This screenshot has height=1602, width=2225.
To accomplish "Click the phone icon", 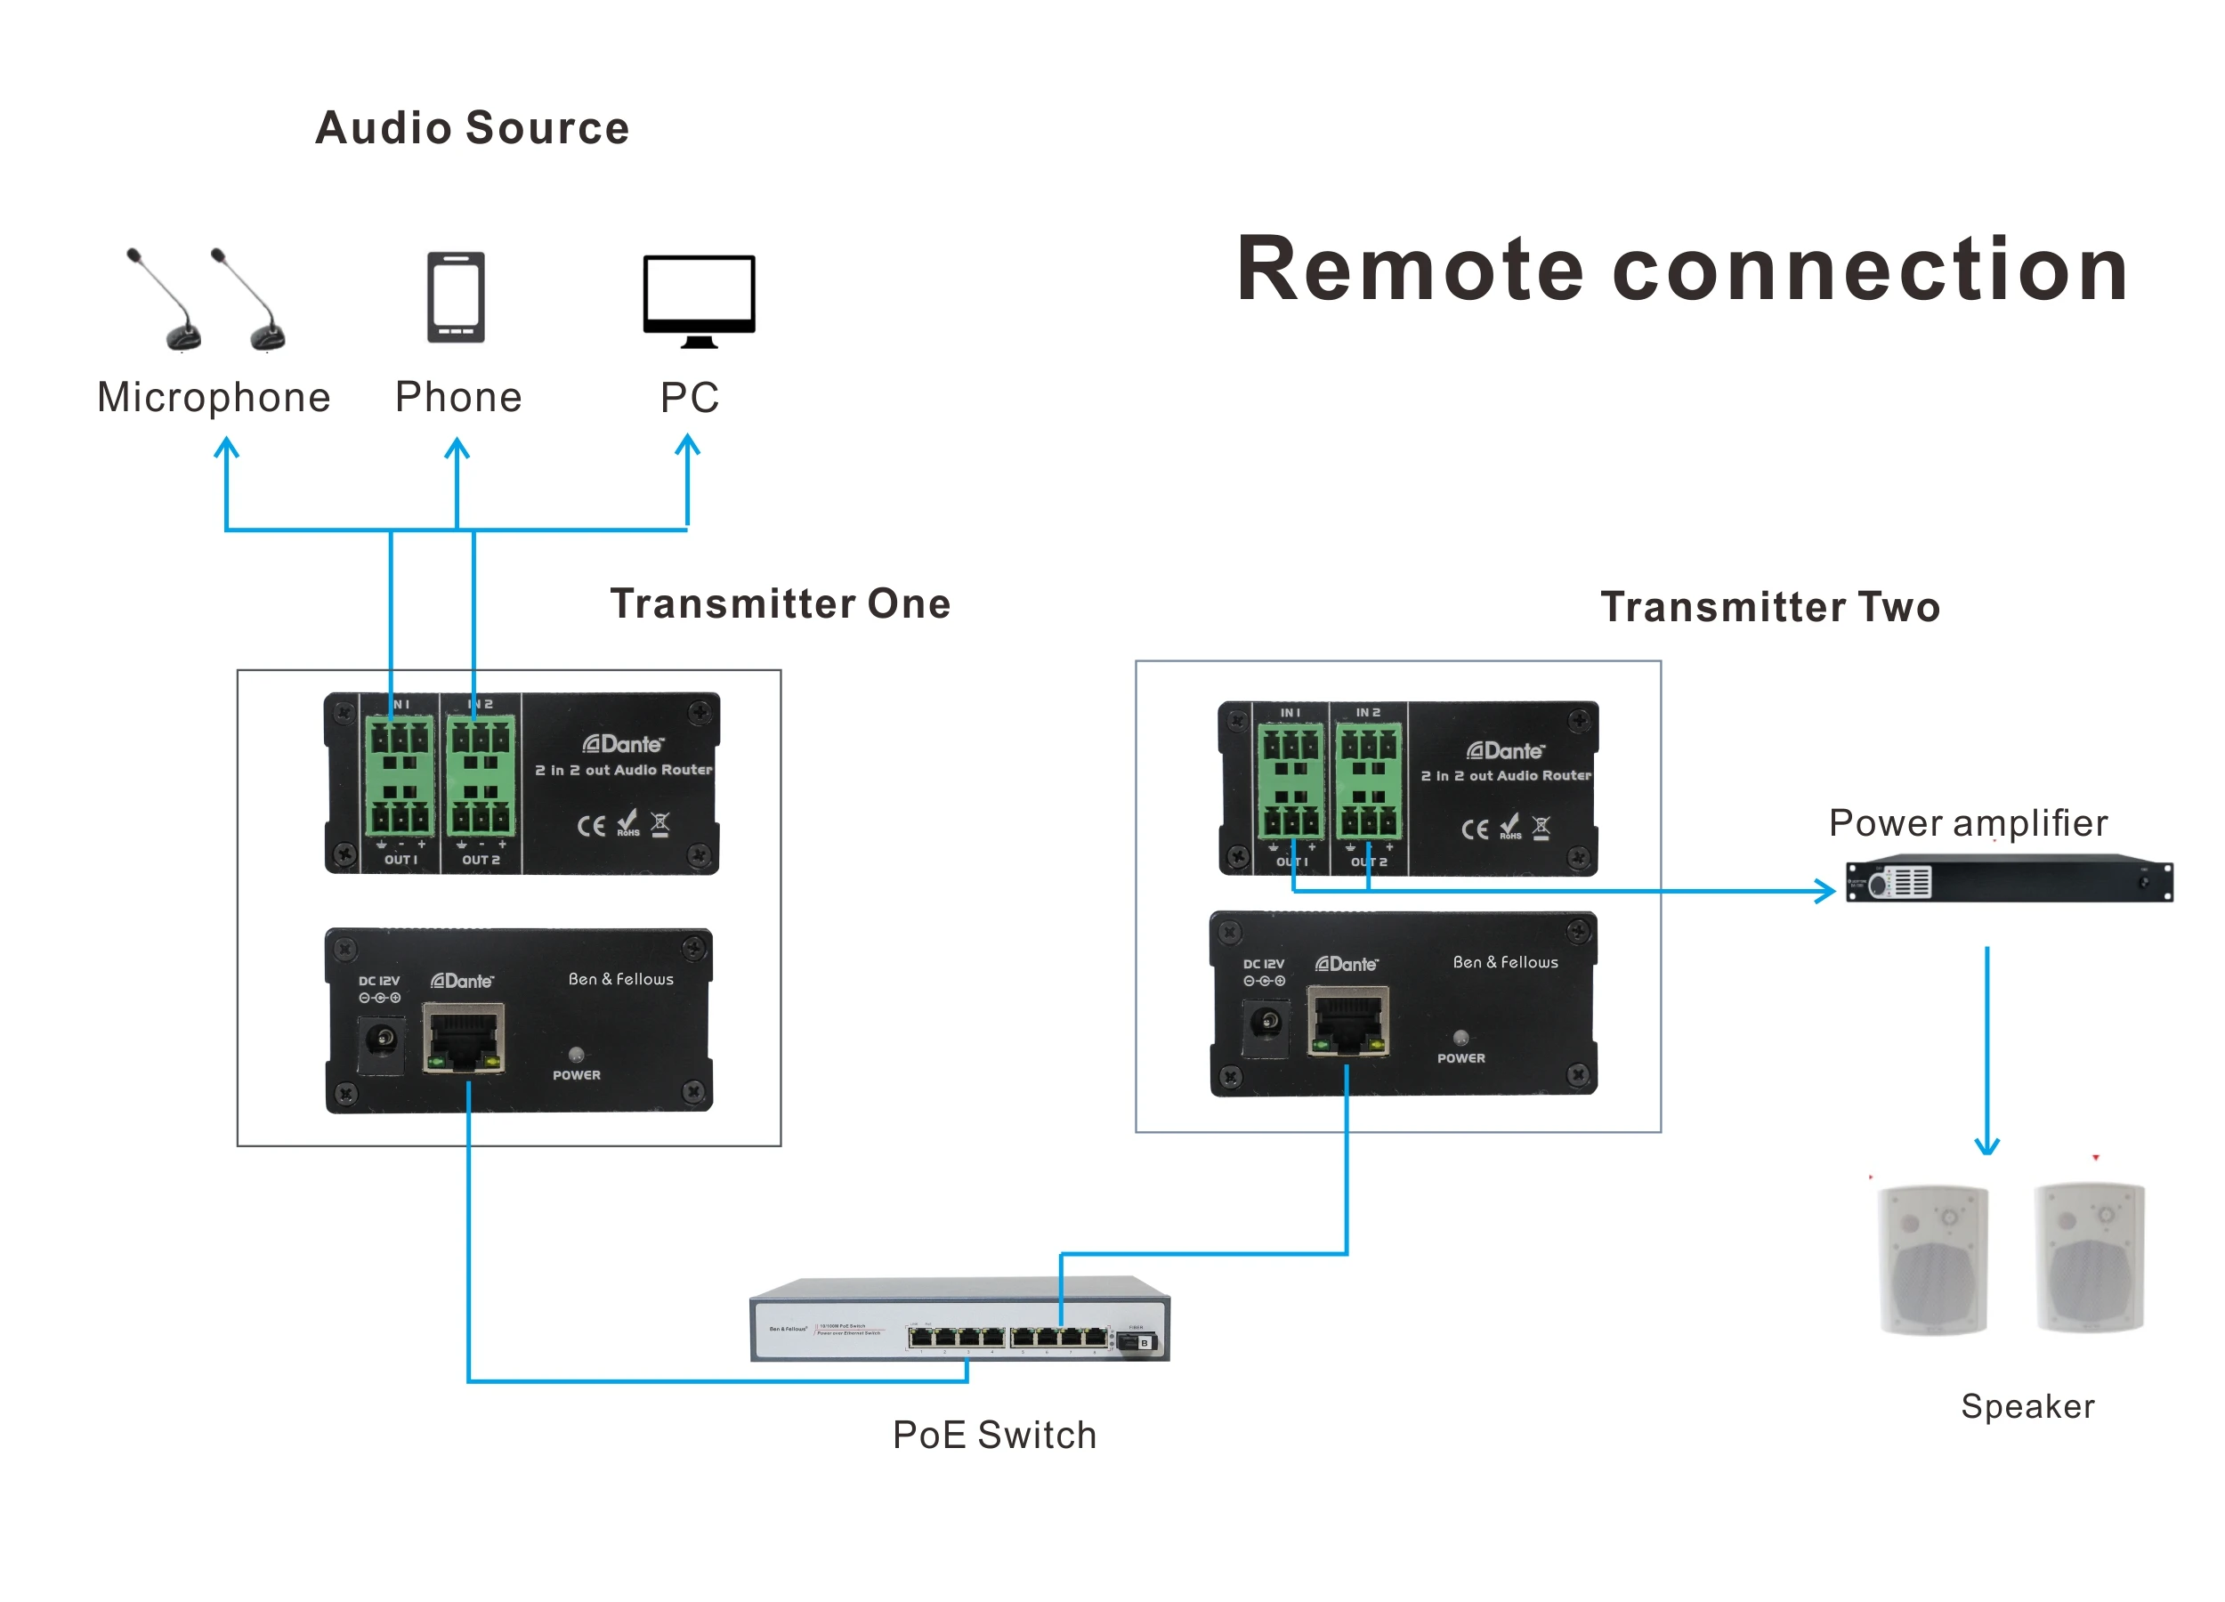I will [457, 297].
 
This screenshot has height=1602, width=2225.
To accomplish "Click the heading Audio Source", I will [472, 128].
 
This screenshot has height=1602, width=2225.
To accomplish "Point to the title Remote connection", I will [1680, 269].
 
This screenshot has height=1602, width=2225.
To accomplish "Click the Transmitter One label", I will [780, 603].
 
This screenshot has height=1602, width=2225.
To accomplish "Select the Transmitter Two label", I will [1770, 607].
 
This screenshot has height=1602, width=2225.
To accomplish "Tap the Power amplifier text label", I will [1967, 822].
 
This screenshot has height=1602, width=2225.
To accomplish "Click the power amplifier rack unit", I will [2008, 880].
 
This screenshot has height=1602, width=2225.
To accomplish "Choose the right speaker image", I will [2089, 1257].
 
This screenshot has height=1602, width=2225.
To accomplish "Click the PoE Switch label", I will [994, 1435].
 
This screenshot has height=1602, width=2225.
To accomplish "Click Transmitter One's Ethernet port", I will [463, 1038].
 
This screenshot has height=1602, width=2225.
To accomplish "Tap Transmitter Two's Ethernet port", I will [1347, 1021].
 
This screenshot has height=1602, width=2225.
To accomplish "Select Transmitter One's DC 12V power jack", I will [381, 1039].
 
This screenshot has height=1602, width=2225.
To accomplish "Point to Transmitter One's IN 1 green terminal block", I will [400, 775].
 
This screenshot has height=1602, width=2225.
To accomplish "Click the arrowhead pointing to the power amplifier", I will [1824, 891].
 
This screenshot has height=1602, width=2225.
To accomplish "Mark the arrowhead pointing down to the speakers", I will [1986, 1145].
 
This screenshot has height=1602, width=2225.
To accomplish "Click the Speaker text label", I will [2027, 1406].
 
